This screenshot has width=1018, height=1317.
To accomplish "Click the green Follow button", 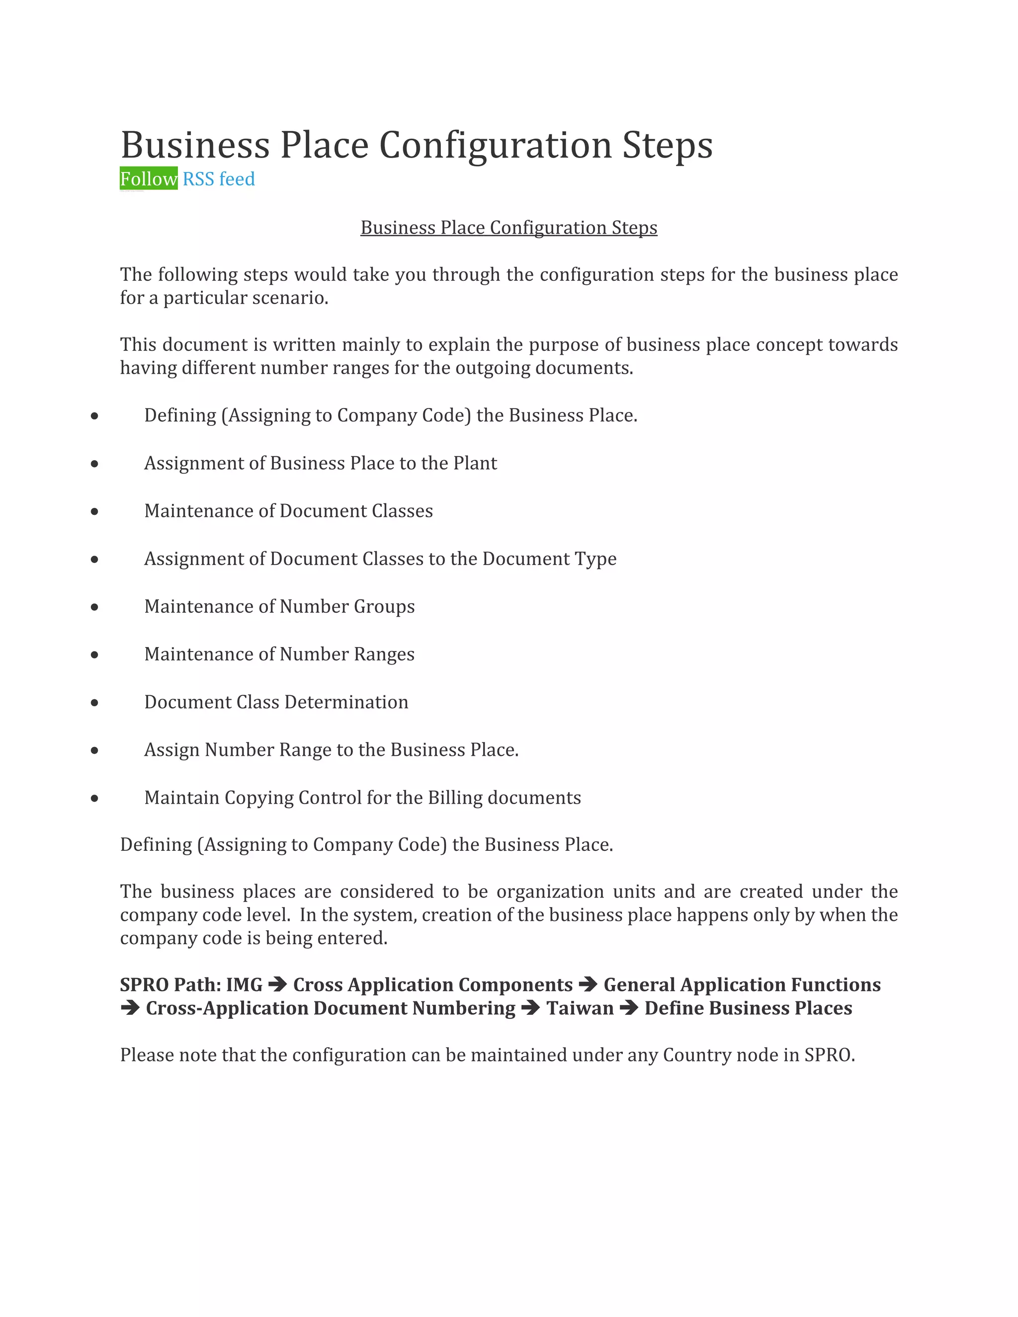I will pos(148,178).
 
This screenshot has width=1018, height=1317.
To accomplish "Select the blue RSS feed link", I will pos(218,179).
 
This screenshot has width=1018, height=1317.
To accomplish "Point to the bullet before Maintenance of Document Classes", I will pos(94,511).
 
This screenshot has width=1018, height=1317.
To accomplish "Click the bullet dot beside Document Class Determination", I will pos(94,703).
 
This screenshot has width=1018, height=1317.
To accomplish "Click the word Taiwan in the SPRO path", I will pos(580,1008).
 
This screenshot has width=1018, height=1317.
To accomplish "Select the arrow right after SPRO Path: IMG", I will pos(277,985).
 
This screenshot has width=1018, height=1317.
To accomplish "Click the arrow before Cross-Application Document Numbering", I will pos(130,1008).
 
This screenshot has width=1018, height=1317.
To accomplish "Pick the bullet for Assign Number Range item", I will pos(94,750).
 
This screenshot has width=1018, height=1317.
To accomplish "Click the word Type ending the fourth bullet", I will pos(594,559).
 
